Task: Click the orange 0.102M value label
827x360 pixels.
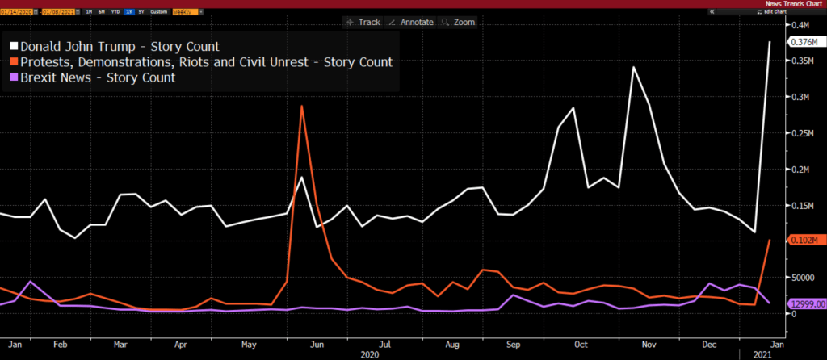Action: click(x=807, y=240)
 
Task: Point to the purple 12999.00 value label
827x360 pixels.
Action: click(x=807, y=303)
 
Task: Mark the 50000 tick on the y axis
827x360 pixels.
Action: click(x=802, y=277)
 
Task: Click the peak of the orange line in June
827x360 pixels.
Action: click(x=301, y=106)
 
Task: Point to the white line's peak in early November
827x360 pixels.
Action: click(x=634, y=67)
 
